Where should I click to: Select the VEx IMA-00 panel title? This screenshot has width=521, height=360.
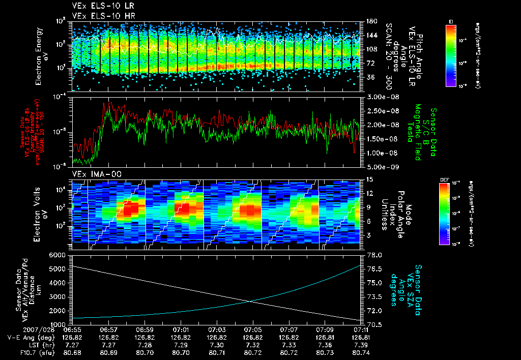point(94,174)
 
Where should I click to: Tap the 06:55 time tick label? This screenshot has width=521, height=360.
point(73,329)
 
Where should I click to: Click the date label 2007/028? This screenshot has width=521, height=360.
point(20,329)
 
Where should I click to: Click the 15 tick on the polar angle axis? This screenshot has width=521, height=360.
point(367,179)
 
